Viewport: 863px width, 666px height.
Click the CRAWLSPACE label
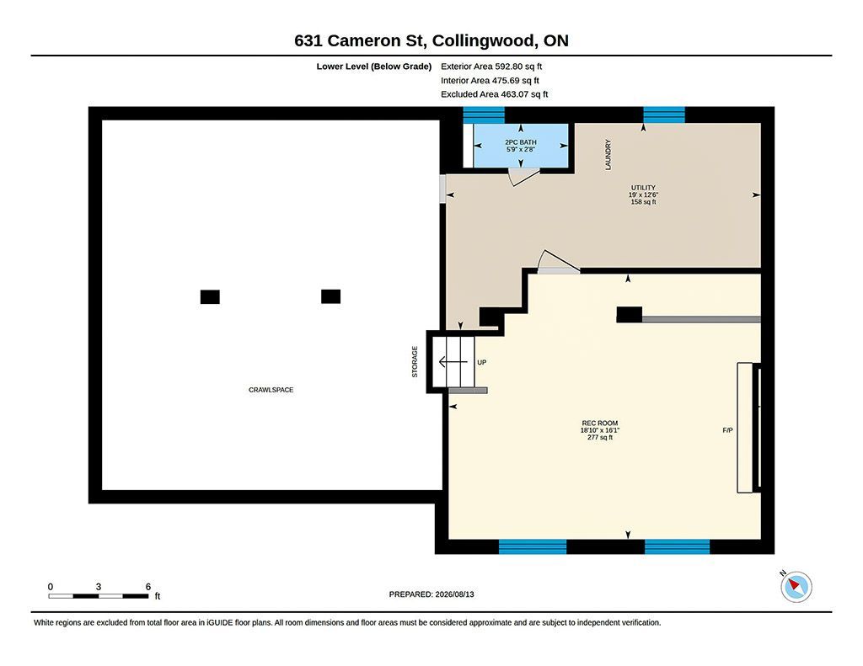[x=271, y=390]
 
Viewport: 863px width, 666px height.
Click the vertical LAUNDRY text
[x=608, y=155]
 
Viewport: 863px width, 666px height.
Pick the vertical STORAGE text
[x=415, y=361]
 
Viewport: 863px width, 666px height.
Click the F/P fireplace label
[x=727, y=430]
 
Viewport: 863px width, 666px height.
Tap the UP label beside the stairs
[x=481, y=362]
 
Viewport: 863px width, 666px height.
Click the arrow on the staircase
[x=453, y=362]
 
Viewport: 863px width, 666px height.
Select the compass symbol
[x=796, y=587]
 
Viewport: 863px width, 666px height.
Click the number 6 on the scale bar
[x=148, y=587]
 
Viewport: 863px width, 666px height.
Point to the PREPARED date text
[x=431, y=594]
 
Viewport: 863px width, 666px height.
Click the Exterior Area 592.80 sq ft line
[x=491, y=67]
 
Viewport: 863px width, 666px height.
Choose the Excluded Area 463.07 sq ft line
[x=494, y=94]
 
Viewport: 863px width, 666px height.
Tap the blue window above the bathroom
[x=484, y=115]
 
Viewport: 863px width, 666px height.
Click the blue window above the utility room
[x=664, y=115]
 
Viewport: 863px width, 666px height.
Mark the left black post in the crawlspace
[x=210, y=297]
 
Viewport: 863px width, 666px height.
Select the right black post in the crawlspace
[x=330, y=296]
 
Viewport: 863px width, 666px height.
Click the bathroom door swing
[x=523, y=177]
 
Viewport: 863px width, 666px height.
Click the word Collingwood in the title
[x=483, y=41]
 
